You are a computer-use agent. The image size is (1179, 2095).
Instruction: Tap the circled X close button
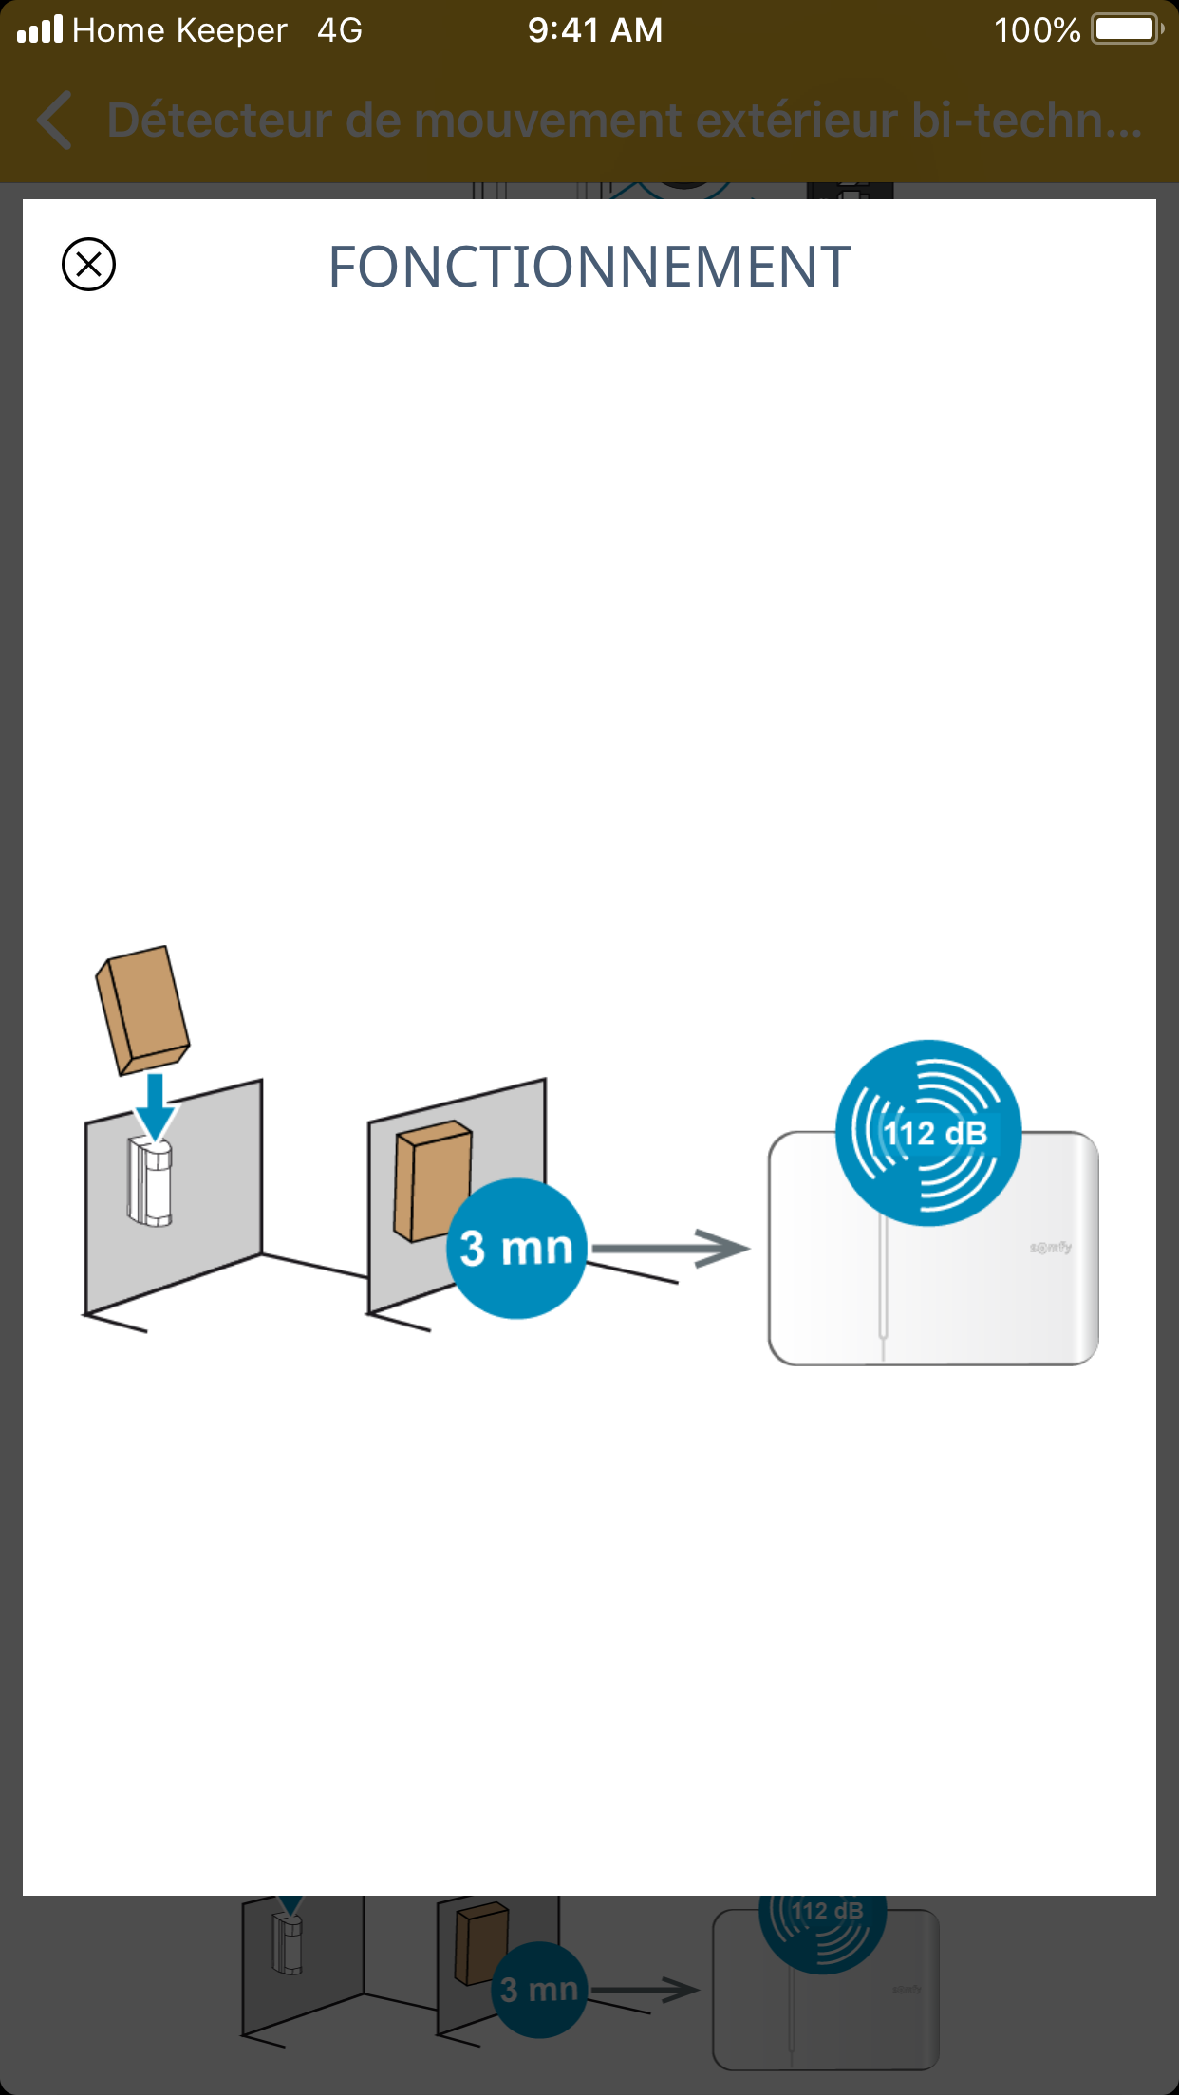88,264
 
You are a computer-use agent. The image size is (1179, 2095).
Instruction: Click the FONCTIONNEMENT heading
589,267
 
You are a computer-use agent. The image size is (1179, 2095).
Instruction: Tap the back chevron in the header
55,121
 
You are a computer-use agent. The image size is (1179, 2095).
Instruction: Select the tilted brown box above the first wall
142,1009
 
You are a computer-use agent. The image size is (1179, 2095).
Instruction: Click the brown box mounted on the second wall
433,1180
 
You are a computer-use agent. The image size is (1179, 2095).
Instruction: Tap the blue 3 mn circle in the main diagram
516,1248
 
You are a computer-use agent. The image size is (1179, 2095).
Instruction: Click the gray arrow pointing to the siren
670,1248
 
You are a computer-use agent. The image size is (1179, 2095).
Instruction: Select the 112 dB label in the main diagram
935,1133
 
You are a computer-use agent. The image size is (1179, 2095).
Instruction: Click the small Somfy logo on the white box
1051,1247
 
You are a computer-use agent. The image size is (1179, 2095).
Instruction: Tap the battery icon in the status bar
1127,29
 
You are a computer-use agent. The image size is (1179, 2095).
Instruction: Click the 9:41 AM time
595,30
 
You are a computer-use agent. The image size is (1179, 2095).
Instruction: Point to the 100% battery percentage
1037,30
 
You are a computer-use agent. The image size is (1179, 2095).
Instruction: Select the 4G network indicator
340,30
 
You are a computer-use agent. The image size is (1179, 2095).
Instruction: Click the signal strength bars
40,29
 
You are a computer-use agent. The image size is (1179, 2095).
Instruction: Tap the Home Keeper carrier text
179,30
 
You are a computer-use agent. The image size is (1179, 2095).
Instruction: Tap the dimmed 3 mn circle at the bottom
538,1989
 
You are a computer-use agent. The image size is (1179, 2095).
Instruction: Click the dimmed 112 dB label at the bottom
828,1911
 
